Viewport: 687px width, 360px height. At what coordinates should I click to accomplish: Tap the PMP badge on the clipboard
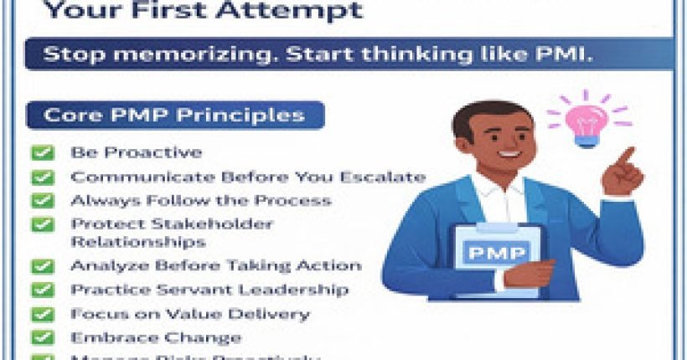tap(497, 253)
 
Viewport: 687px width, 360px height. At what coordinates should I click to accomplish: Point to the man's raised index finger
tap(623, 157)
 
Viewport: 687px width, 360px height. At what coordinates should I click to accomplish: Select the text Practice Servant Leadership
tap(209, 290)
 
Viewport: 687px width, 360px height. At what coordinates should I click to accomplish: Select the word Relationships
tap(138, 242)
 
